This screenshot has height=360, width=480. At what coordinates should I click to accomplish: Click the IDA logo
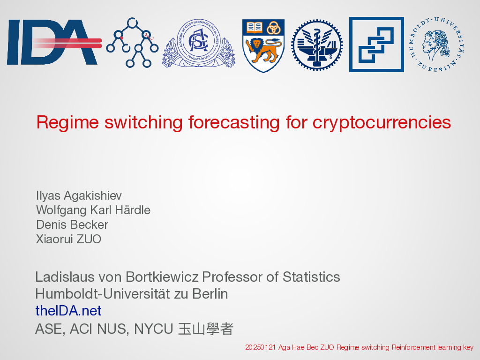click(54, 42)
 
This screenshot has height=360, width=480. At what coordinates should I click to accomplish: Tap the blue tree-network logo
click(132, 43)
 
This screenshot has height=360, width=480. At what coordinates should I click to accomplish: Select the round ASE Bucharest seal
click(199, 43)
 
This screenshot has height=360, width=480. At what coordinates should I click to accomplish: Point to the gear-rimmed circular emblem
click(317, 45)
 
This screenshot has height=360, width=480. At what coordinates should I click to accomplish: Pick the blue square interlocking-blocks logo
click(376, 45)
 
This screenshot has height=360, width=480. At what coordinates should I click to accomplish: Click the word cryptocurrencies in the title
click(382, 123)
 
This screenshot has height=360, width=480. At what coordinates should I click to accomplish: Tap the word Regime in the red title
click(67, 123)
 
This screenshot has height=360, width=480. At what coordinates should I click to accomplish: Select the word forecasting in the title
click(234, 123)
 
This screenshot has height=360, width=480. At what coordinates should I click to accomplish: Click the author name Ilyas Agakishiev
click(79, 195)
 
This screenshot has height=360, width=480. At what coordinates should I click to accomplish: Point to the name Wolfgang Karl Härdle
click(93, 210)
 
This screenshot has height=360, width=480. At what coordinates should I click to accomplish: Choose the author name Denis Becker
click(72, 225)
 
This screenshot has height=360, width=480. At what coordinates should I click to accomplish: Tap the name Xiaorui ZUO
click(68, 239)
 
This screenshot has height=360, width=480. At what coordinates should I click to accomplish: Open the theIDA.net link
click(68, 311)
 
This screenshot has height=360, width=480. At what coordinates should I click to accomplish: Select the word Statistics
click(311, 277)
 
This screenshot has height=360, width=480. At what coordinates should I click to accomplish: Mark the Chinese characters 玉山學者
click(206, 329)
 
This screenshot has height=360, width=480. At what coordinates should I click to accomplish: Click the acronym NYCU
click(154, 329)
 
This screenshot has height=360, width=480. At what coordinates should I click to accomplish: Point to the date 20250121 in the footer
click(261, 347)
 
